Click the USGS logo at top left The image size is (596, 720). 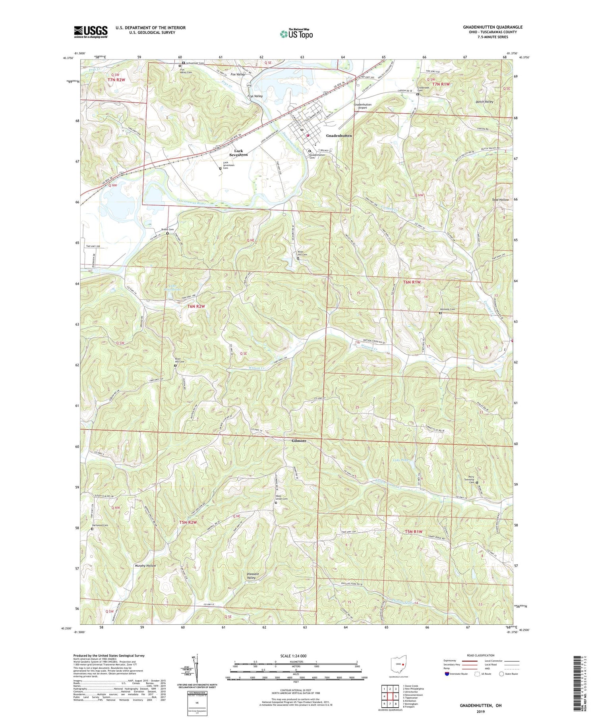pos(91,32)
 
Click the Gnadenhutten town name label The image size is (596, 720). pos(339,135)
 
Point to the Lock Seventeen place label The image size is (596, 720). pos(238,153)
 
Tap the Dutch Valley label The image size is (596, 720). pos(484,102)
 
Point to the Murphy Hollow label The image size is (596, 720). pos(145,566)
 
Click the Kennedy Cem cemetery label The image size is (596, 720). pos(447,309)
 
